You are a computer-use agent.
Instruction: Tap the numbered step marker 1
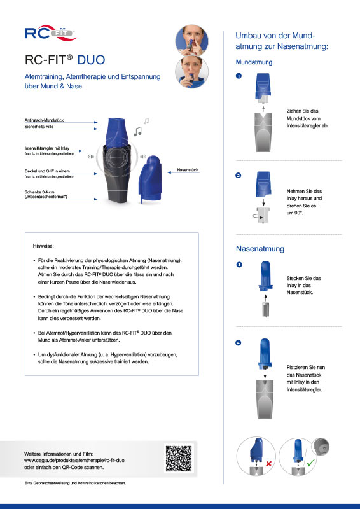[x=239, y=76]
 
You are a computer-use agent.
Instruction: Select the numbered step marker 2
[x=239, y=176]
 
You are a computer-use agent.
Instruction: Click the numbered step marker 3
[x=239, y=264]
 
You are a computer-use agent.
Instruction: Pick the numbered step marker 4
[x=239, y=344]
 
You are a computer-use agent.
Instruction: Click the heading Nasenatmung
[x=260, y=248]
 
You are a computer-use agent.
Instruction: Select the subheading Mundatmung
[x=254, y=62]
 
